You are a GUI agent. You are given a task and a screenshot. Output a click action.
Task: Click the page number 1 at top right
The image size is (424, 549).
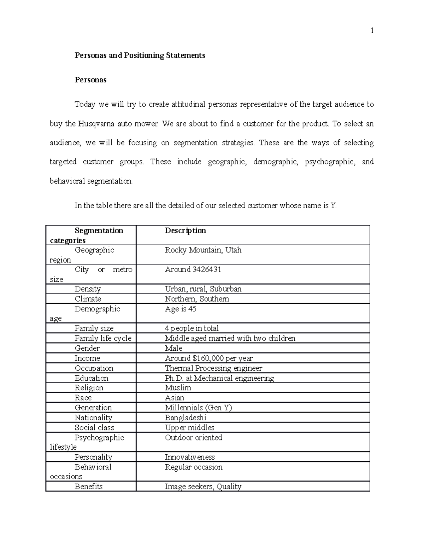tap(372, 31)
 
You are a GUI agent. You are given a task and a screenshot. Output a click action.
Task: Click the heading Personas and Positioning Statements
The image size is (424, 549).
tap(140, 56)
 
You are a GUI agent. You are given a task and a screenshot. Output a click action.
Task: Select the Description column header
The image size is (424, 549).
tap(185, 231)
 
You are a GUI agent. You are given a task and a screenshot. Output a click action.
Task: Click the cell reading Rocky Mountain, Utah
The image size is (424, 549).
tap(203, 250)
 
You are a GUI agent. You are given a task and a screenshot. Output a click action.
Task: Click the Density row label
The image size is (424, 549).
tap(88, 289)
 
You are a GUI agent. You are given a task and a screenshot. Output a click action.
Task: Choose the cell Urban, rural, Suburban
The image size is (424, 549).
tap(203, 289)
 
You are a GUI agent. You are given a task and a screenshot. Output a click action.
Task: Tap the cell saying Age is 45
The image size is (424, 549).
tap(181, 309)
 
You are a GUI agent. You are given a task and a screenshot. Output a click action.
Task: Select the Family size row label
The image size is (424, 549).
tap(94, 328)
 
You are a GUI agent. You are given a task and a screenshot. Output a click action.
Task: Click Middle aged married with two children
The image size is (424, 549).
tap(230, 338)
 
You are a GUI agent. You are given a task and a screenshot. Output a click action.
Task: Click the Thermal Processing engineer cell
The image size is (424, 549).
tap(213, 368)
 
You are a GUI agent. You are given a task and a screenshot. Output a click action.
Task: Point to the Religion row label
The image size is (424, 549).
tap(89, 388)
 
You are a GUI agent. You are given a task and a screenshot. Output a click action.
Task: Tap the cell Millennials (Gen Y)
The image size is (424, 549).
tap(199, 408)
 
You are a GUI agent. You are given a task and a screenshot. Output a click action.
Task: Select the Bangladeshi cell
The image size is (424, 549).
tap(185, 417)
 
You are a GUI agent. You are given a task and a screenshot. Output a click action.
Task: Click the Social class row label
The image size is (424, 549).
tap(94, 427)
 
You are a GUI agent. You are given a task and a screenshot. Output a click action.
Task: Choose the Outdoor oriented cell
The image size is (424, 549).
tap(193, 438)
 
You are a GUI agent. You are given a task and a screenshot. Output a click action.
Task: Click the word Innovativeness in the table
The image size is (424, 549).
tap(190, 457)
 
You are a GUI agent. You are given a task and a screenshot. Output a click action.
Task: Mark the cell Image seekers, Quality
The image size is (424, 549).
tap(203, 486)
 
